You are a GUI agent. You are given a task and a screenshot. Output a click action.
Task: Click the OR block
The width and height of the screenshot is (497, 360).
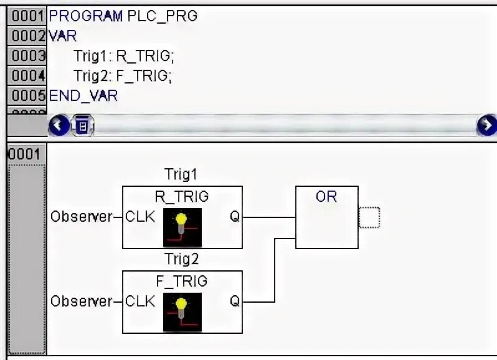tap(326, 217)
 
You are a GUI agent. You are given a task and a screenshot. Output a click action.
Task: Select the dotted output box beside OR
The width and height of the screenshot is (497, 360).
tap(369, 217)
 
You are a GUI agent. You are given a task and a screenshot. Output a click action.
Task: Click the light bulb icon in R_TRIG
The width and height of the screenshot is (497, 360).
tap(182, 227)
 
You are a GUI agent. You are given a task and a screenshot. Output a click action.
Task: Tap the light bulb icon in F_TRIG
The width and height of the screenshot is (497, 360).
tap(182, 311)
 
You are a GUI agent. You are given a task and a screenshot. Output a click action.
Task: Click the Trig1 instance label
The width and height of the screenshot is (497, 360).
tap(181, 174)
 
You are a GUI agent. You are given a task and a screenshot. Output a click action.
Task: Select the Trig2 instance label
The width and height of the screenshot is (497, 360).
tap(181, 258)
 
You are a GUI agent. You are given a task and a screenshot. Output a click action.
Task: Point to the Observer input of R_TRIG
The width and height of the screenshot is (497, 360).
tap(80, 217)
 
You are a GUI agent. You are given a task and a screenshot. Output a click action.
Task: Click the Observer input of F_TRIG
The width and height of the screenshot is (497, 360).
tap(80, 301)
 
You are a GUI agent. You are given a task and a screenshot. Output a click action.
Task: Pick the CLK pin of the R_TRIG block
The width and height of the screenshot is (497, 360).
tap(140, 217)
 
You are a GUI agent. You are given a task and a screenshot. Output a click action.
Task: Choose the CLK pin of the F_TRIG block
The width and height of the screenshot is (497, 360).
tap(140, 301)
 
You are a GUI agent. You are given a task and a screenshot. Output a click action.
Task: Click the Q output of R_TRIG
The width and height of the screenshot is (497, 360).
tap(234, 217)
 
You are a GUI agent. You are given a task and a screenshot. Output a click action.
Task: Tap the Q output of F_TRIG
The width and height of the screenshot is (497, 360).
tap(234, 301)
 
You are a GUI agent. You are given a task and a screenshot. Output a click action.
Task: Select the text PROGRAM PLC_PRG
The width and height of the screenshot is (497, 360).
tap(123, 16)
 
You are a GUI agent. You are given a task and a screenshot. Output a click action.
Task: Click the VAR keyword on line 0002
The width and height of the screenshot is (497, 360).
tap(62, 36)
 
